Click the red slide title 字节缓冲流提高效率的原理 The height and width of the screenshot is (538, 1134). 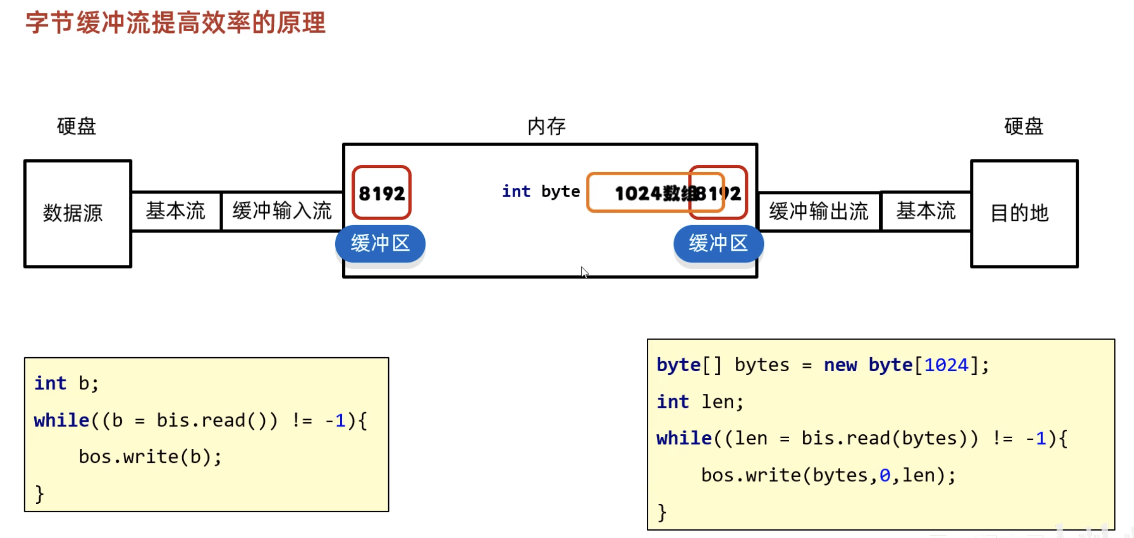click(176, 23)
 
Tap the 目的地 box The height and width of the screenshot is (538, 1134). click(1024, 214)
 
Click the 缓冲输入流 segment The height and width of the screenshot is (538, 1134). click(282, 211)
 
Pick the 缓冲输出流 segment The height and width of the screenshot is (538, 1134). click(819, 211)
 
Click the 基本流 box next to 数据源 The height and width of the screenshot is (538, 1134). click(176, 211)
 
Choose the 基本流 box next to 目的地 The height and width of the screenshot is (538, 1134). click(926, 211)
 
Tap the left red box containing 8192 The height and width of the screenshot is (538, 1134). click(382, 193)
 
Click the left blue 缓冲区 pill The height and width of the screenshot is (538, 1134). click(380, 244)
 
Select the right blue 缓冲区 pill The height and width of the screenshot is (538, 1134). click(718, 244)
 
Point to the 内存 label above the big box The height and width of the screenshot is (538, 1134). click(547, 126)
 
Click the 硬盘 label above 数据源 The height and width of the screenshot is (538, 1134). click(77, 126)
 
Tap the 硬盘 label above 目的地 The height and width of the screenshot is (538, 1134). click(1024, 126)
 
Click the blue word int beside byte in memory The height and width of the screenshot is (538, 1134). click(516, 191)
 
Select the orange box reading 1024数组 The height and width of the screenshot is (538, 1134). click(639, 193)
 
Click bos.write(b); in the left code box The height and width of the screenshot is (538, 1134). click(150, 457)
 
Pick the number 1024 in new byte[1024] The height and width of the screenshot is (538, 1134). click(946, 365)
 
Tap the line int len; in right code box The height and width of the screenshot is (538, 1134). click(700, 401)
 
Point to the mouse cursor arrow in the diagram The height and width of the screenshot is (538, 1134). click(584, 272)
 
